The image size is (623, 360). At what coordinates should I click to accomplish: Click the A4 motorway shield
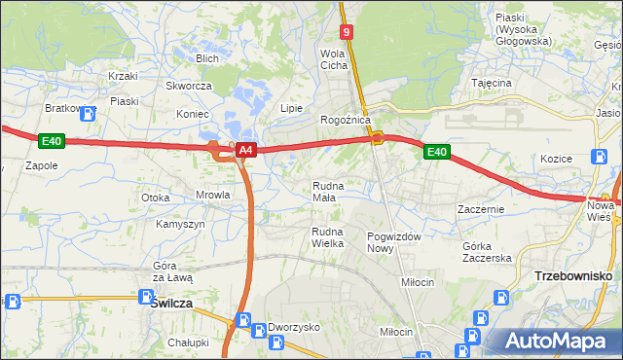click(x=246, y=150)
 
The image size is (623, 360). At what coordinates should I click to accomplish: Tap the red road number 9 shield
click(x=347, y=32)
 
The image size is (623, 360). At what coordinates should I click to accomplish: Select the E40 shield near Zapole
click(x=52, y=142)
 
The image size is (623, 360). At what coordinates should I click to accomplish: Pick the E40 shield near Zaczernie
click(x=436, y=152)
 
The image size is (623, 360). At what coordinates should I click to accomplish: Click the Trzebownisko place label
click(x=573, y=276)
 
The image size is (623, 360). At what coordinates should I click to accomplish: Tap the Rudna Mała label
click(x=324, y=191)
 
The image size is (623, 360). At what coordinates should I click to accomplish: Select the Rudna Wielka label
click(x=328, y=236)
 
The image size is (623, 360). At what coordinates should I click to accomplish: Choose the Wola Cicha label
click(x=334, y=59)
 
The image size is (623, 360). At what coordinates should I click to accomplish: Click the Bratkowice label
click(x=64, y=108)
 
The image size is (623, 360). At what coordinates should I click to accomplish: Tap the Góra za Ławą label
click(x=173, y=271)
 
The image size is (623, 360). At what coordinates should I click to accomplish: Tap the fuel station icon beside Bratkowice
click(x=91, y=113)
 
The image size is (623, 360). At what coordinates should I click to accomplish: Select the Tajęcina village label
click(x=492, y=84)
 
